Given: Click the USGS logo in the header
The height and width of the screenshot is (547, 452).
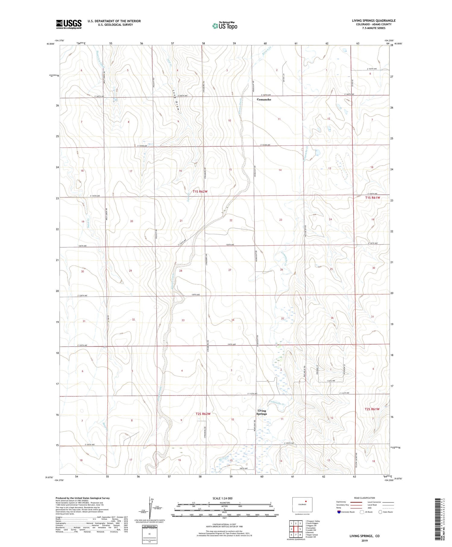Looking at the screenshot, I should pyautogui.click(x=69, y=24).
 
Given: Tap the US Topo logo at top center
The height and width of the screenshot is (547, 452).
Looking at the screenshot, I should pyautogui.click(x=225, y=26).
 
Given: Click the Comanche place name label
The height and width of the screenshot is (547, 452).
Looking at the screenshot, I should pyautogui.click(x=264, y=100).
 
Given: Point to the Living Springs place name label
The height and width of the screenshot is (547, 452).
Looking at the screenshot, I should pyautogui.click(x=262, y=412).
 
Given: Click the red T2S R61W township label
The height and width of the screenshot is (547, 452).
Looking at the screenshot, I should pyautogui.click(x=372, y=409).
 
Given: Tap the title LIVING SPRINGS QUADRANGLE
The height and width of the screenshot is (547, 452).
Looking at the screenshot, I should pyautogui.click(x=373, y=21).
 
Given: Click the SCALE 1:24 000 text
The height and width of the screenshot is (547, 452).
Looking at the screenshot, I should pyautogui.click(x=222, y=498).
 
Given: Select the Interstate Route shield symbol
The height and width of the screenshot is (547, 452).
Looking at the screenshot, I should pyautogui.click(x=339, y=512).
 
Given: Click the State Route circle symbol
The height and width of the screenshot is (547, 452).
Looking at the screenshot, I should pyautogui.click(x=381, y=512).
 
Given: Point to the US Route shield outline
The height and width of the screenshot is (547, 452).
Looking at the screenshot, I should pyautogui.click(x=362, y=512).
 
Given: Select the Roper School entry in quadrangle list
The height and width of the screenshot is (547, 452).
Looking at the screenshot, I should pyautogui.click(x=312, y=535).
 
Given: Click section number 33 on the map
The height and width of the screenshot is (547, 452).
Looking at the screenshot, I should pyautogui.click(x=183, y=320).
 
